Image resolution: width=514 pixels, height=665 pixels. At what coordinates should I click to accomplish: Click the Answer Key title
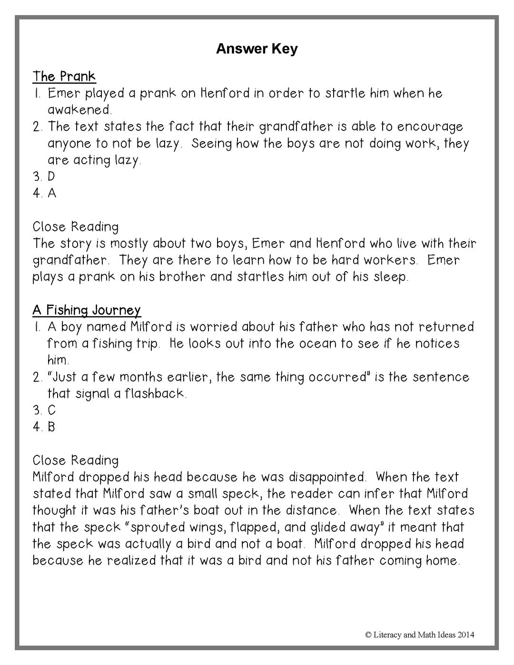click(x=257, y=49)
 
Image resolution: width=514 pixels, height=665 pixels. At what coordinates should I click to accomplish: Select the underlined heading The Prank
click(x=64, y=77)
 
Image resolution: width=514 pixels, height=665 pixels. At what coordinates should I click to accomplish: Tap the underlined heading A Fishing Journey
click(x=87, y=310)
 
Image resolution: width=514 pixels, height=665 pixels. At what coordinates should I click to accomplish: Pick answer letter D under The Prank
click(x=51, y=176)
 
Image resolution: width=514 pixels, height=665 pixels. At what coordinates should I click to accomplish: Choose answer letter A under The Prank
click(x=51, y=193)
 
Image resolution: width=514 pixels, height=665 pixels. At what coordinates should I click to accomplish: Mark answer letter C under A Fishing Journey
click(x=51, y=410)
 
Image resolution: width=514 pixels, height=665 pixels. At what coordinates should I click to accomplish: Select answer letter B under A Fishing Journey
click(x=51, y=427)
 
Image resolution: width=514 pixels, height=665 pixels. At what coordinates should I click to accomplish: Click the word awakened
click(x=79, y=110)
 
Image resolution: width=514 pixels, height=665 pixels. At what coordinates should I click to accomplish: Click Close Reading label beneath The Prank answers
click(x=76, y=227)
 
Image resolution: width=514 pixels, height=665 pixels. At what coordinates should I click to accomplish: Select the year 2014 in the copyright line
click(x=466, y=635)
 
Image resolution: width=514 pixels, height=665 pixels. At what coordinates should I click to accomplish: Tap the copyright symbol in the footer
click(x=368, y=635)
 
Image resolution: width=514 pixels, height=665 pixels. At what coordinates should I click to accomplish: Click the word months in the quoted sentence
click(x=141, y=377)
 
